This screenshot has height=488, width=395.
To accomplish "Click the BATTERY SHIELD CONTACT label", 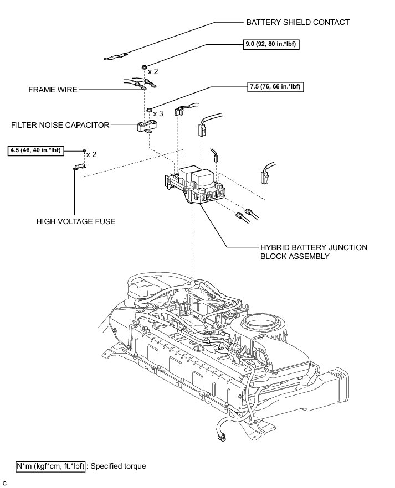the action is pos(298,22).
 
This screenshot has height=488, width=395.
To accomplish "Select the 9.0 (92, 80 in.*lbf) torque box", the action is pos(271,44).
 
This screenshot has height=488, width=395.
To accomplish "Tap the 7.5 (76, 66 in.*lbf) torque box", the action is pos(275,86).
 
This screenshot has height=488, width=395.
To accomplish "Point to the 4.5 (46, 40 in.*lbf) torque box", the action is pos(35,150).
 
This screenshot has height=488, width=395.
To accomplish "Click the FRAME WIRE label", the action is pos(53,90).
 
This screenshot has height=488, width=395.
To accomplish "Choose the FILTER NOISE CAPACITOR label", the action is pos(60,125).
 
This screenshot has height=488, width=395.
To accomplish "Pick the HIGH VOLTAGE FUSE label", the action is pos(76,221).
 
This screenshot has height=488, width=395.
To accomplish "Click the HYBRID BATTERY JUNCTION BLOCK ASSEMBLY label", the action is pos(314,252).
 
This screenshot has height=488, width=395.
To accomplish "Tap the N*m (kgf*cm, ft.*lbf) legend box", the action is pos(50,466).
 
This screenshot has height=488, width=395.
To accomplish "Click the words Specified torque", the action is pos(119,466).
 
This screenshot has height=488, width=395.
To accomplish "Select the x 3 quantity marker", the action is pos(158,113).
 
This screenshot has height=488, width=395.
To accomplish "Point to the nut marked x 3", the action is pos(150,110).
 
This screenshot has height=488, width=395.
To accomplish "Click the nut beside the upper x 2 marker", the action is pos(144,68).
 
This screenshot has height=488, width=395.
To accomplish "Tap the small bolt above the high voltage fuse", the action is pos(84,151).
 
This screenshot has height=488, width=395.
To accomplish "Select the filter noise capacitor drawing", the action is pos(147,126).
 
